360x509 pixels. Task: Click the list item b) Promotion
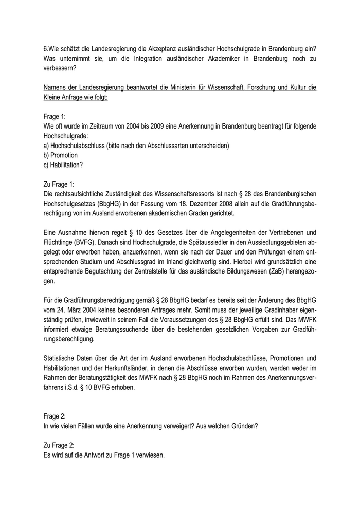60,155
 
